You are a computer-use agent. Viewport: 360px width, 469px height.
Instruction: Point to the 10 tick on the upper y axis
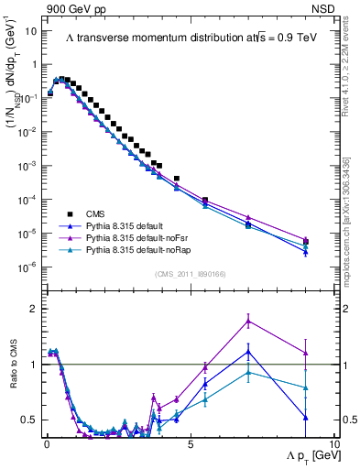(29, 30)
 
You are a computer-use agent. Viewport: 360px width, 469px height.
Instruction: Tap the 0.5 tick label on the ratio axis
(27, 420)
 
